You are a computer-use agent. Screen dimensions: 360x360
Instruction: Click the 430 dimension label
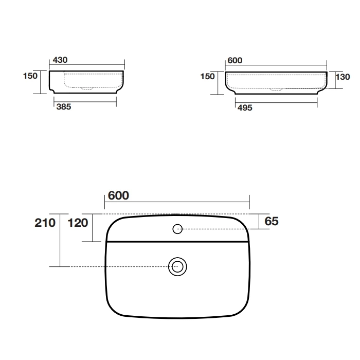point(60,60)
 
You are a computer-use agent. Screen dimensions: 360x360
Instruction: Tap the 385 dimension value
point(64,107)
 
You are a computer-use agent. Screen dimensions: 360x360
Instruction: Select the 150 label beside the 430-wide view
point(30,76)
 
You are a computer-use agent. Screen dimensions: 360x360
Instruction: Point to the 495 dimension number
point(245,107)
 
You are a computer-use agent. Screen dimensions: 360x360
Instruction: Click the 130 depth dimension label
point(343,77)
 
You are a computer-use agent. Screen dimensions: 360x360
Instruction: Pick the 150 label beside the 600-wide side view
point(207,77)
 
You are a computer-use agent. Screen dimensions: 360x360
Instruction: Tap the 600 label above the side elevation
point(235,60)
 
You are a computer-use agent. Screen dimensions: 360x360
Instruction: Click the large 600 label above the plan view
point(118,195)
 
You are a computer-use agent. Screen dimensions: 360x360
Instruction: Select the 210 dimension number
point(45,223)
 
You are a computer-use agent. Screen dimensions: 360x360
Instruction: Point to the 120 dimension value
point(78,223)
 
